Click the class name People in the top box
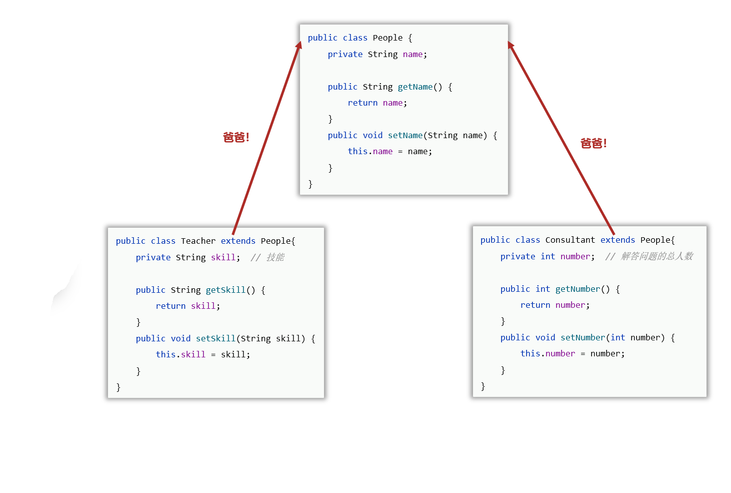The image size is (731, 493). (387, 38)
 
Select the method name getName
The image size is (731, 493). (415, 87)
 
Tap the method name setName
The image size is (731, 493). (405, 136)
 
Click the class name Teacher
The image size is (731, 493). (198, 241)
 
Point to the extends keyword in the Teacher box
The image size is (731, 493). (238, 241)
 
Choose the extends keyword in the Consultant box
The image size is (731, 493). (617, 240)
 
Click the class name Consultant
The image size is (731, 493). (570, 240)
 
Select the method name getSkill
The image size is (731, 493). (225, 290)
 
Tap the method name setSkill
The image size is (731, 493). (215, 339)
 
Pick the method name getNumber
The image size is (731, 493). (577, 289)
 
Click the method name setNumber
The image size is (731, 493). (582, 338)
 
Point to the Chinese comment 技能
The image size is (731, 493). (275, 257)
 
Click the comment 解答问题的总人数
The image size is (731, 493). (657, 256)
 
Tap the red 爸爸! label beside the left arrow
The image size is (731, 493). (236, 137)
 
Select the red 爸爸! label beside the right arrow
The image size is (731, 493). (593, 144)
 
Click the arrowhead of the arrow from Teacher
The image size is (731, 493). (299, 45)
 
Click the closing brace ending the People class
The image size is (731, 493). (310, 184)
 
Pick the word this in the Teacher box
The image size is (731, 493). (165, 355)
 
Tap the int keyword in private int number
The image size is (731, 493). (547, 257)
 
